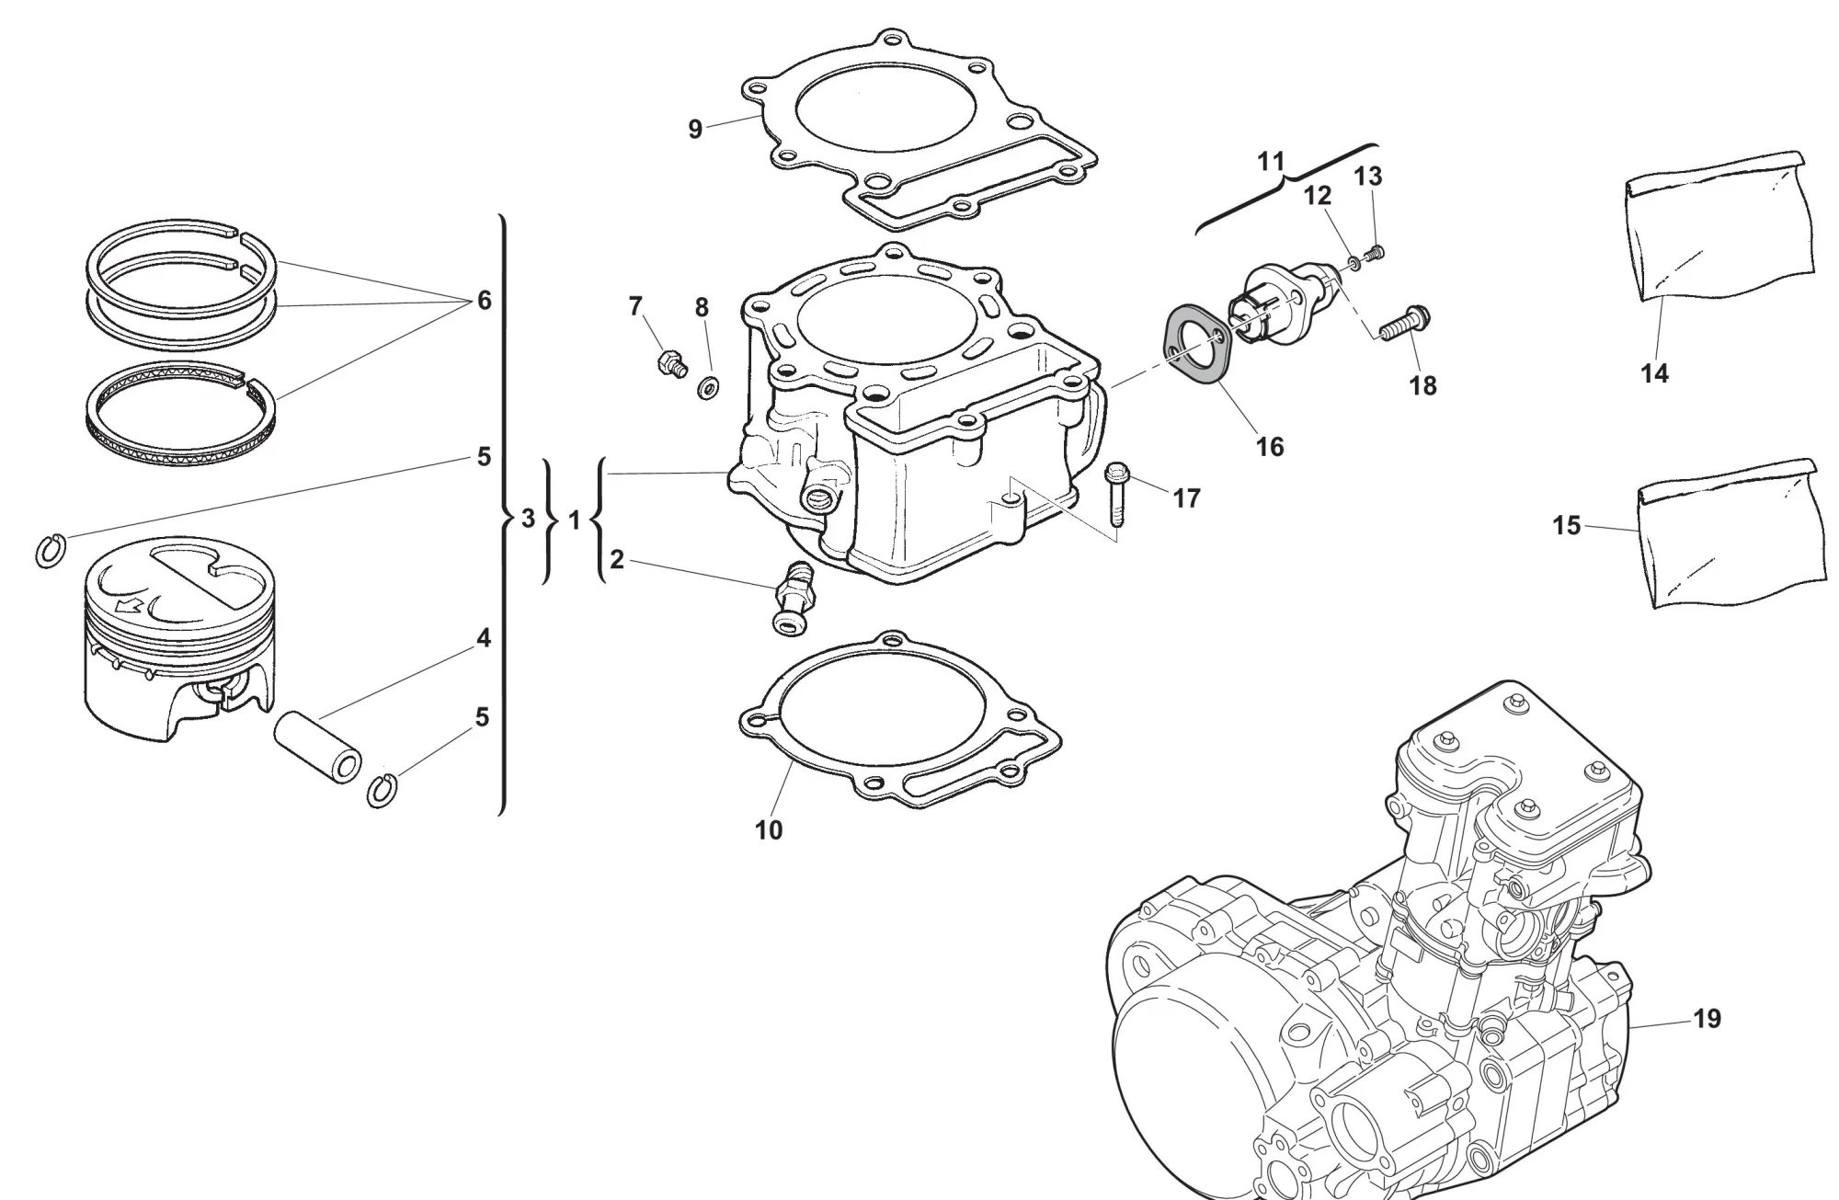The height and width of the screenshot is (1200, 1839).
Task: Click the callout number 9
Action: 695,130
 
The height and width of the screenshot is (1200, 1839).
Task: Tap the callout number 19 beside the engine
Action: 1707,1019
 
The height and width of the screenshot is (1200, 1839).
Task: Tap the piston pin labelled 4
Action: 317,749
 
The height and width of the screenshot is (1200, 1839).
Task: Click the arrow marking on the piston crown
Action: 130,607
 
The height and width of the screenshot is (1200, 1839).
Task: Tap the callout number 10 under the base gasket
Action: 768,829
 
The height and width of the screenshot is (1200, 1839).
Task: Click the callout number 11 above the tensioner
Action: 1270,162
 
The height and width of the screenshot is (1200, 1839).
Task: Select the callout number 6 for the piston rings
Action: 484,301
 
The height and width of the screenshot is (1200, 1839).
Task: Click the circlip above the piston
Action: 51,551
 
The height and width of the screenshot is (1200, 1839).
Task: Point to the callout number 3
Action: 527,520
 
